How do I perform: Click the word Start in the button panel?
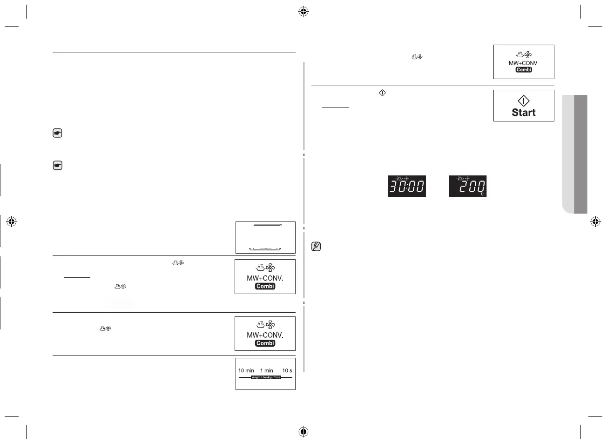[524, 113]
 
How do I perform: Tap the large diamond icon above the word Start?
[524, 101]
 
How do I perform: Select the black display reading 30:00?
[407, 186]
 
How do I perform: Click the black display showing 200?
[467, 186]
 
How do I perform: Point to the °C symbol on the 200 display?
[482, 193]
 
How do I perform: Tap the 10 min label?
[246, 371]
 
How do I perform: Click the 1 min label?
[267, 371]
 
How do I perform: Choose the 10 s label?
[287, 371]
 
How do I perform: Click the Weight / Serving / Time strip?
[266, 377]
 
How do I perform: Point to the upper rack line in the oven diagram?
[266, 225]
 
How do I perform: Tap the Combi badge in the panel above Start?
[524, 70]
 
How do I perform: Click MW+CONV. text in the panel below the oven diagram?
[265, 278]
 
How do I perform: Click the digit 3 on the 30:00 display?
[395, 187]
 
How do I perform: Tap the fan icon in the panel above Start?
[528, 54]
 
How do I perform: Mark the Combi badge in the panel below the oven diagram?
[265, 286]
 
